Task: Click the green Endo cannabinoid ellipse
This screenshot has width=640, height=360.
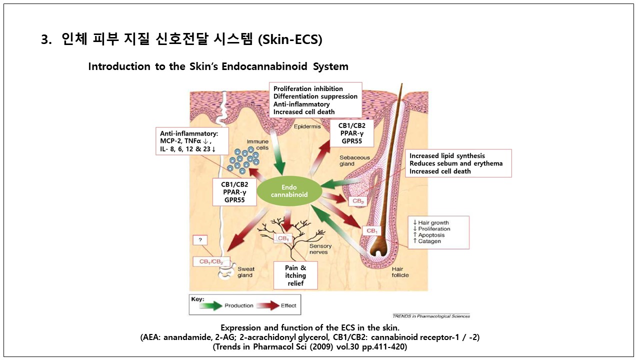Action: [x=289, y=191]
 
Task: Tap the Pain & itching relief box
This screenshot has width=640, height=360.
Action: [x=296, y=275]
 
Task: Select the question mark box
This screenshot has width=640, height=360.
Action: [x=200, y=240]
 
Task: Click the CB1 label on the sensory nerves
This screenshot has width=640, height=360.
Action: [x=283, y=238]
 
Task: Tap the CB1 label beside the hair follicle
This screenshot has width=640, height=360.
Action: [x=371, y=231]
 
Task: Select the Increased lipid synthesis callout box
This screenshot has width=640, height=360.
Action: [x=458, y=163]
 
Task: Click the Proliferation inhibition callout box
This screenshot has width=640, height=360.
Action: [x=315, y=100]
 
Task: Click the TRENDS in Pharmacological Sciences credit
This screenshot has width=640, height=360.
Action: [x=431, y=316]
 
